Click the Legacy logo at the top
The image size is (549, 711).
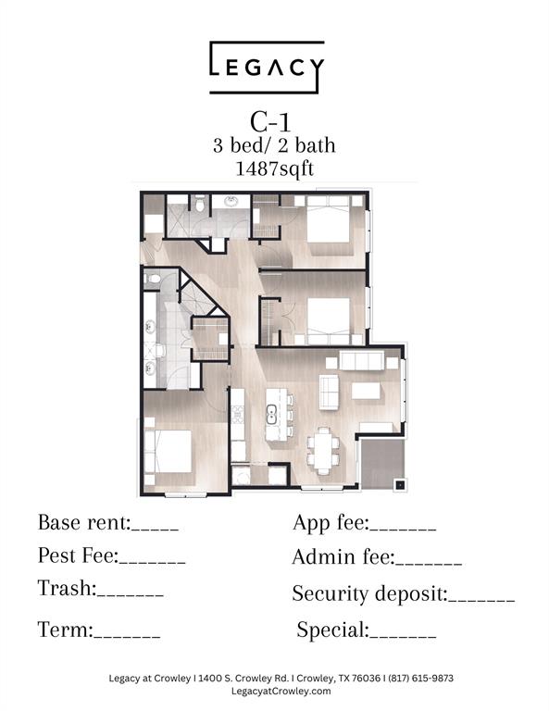(x=267, y=68)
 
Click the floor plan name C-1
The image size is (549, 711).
(x=270, y=122)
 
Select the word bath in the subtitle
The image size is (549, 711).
(x=315, y=145)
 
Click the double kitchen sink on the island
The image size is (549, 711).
(x=271, y=414)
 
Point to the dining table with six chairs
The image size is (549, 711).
(x=323, y=451)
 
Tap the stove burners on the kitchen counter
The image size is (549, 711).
(x=238, y=415)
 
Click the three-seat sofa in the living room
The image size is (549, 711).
(x=362, y=361)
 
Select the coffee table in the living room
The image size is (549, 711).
(x=366, y=391)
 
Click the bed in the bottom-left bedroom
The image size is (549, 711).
(x=168, y=451)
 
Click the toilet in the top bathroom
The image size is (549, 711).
(x=199, y=204)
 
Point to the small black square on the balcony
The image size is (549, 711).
(x=400, y=485)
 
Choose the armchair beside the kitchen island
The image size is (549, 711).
(x=330, y=392)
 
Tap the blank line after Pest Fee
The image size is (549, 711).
(x=153, y=562)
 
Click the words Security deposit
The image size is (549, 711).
(x=369, y=594)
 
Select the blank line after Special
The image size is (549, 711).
(x=403, y=637)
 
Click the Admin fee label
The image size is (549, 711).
(x=343, y=557)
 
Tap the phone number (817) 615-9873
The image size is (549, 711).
(x=420, y=679)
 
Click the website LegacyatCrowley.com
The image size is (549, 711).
(x=281, y=692)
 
